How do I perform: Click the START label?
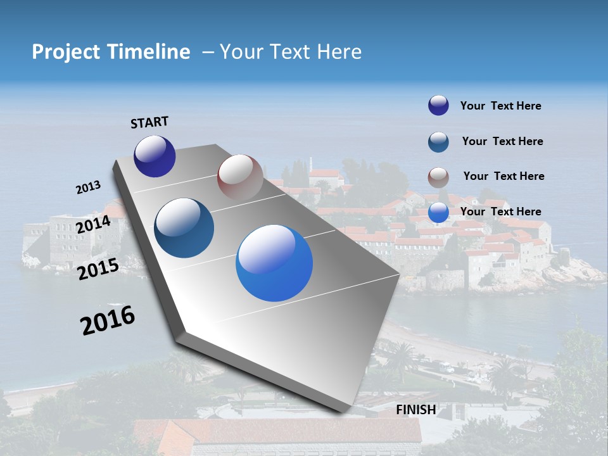tap(149, 122)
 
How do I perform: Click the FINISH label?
tap(415, 410)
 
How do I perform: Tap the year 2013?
tap(88, 187)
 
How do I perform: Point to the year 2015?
tap(98, 269)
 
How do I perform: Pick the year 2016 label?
tap(108, 320)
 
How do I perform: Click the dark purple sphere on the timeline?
tap(155, 156)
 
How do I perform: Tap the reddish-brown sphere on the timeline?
tap(240, 177)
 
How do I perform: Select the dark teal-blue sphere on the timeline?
tap(184, 228)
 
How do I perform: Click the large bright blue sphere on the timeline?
tap(274, 263)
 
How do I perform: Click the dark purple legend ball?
tap(438, 105)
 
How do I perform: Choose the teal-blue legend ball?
tap(438, 142)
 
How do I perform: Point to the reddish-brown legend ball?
tap(438, 177)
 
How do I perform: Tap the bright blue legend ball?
tap(438, 213)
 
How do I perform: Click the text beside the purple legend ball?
tap(500, 106)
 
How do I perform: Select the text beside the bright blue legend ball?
tap(500, 212)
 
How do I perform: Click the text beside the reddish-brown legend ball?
tap(503, 176)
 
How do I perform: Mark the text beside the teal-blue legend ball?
tap(502, 141)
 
